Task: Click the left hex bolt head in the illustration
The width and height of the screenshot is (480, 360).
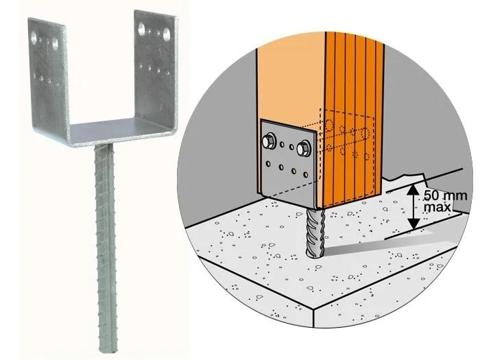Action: point(269,141)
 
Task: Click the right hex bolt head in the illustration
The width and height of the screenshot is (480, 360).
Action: point(304,149)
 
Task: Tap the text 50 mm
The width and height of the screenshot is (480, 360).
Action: point(446,195)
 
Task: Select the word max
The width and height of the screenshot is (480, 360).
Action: point(437,207)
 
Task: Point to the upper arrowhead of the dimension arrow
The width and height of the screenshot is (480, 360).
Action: point(413,191)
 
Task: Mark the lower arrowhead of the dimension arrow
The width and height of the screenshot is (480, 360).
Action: point(414,224)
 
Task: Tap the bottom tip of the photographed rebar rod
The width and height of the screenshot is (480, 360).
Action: point(108,350)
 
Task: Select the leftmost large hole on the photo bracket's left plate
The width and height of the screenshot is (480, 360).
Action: point(34,38)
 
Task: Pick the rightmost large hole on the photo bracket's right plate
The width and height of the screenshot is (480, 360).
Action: point(166,34)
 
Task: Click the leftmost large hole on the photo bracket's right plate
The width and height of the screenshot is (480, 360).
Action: point(141,29)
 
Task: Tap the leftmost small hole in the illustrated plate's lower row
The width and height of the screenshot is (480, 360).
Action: point(269,164)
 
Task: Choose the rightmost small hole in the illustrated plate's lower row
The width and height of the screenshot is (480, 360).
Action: point(306,174)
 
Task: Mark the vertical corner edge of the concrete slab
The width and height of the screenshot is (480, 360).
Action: point(314,317)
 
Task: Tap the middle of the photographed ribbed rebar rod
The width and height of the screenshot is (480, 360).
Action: point(106,248)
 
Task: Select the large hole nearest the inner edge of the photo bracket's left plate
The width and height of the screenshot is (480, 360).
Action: point(55,44)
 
